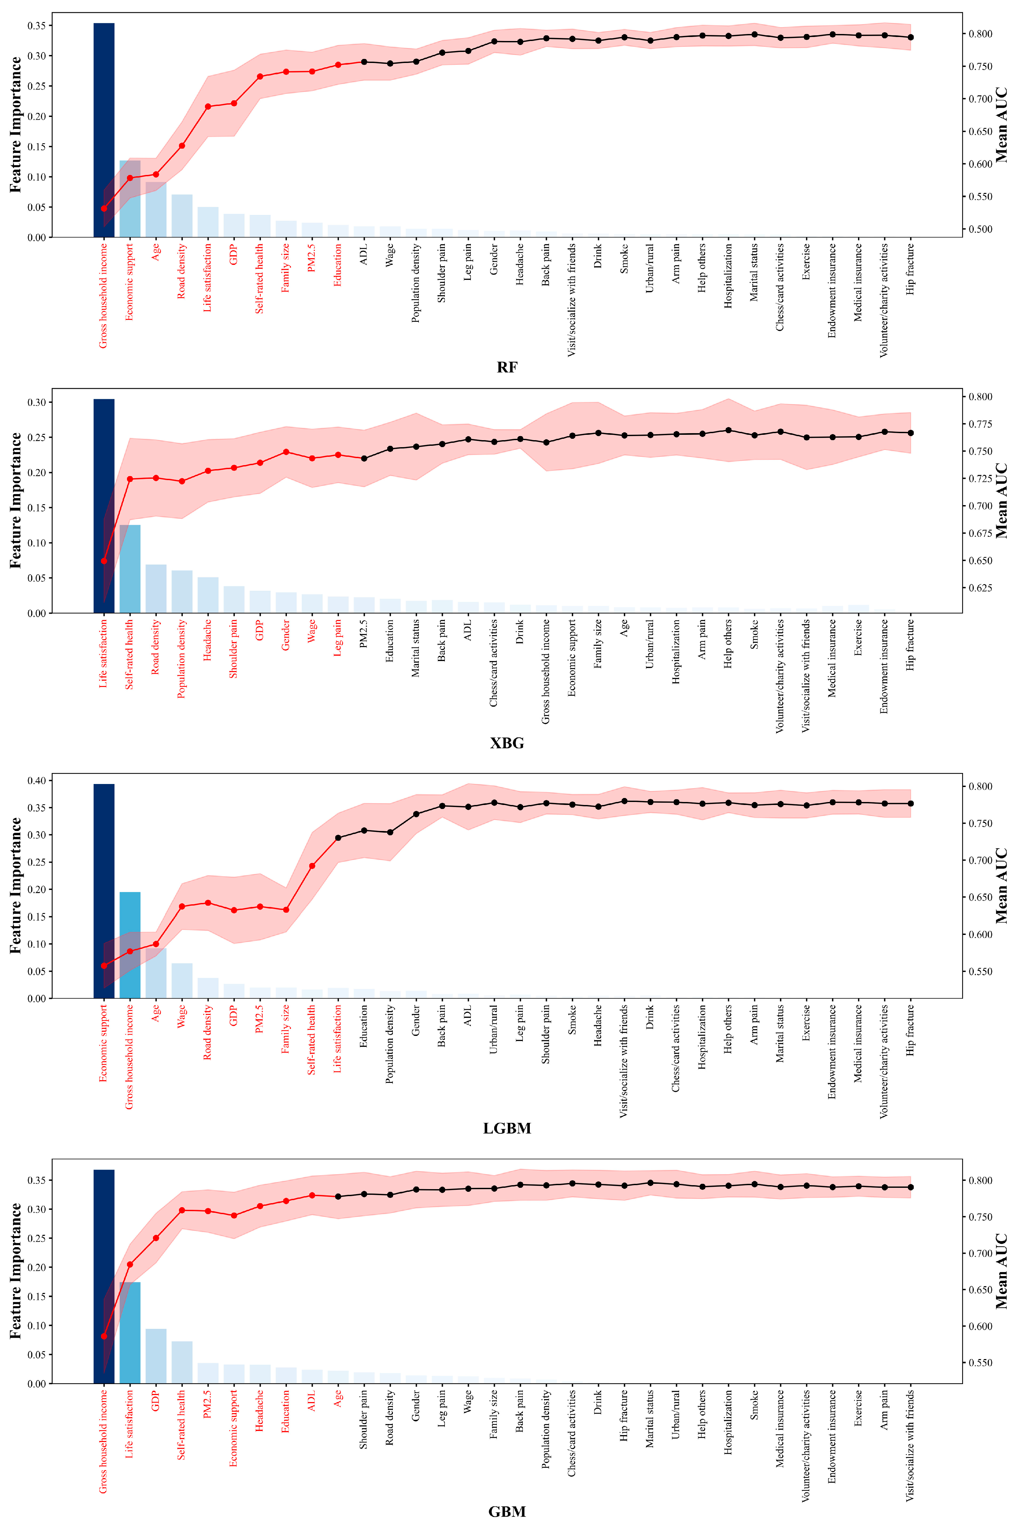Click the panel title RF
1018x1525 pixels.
coord(507,368)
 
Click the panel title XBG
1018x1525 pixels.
coord(507,743)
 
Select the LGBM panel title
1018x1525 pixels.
coord(507,1128)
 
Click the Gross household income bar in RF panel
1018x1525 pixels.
coord(104,130)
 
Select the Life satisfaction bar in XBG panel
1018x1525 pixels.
coord(104,506)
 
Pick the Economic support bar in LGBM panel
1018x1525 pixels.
coord(104,891)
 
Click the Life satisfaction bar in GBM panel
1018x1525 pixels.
coord(130,1332)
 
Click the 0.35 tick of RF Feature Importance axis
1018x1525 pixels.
coord(36,25)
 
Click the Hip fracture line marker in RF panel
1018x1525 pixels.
coord(910,37)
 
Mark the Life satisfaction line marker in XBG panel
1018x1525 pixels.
coord(104,561)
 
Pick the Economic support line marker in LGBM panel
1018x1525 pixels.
coord(104,965)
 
